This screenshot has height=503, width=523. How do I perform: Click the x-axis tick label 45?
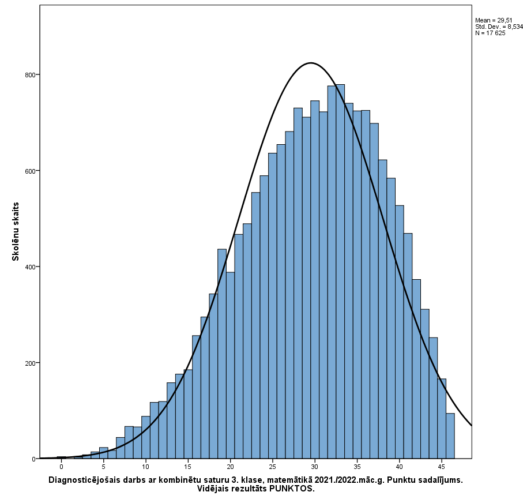442,466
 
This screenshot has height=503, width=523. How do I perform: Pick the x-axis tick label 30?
315,466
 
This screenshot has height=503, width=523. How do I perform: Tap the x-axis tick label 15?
188,466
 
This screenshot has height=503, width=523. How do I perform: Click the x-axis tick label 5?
103,466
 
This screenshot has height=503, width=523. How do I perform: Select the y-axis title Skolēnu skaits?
16,231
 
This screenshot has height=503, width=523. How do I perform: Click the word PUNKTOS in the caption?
294,489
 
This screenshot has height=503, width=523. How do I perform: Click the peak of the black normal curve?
311,62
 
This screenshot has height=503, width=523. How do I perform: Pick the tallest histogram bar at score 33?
340,271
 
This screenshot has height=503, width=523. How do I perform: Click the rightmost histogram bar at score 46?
450,436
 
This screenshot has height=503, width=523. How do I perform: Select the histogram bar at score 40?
400,332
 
